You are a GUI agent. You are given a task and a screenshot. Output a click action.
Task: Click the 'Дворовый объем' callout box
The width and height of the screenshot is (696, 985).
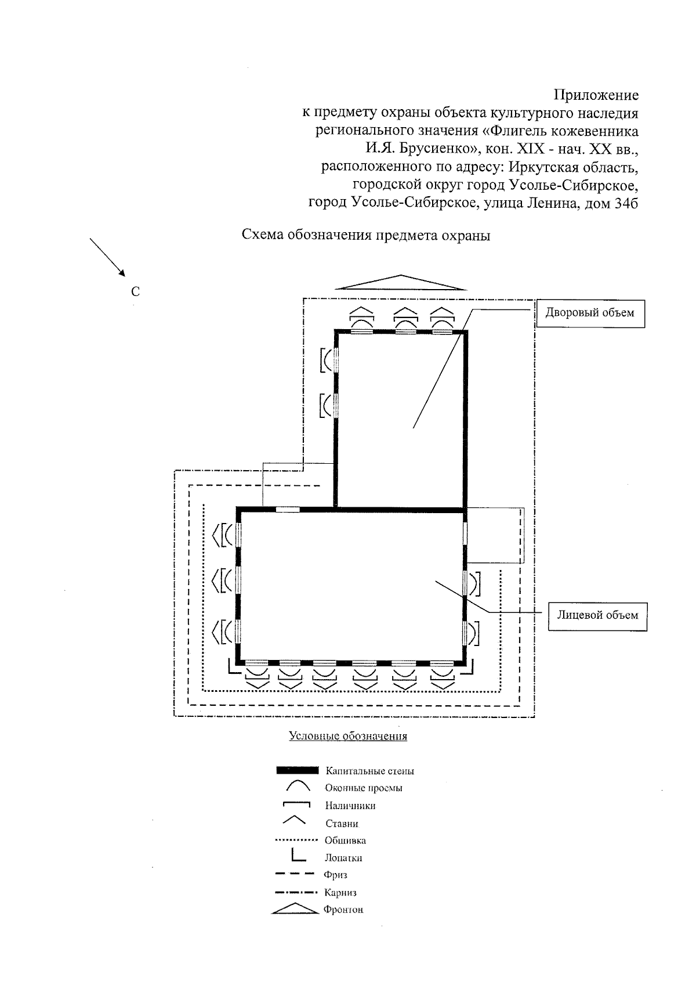tap(590, 313)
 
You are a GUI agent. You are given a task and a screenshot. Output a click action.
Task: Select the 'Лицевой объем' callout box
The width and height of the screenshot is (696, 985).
tap(597, 615)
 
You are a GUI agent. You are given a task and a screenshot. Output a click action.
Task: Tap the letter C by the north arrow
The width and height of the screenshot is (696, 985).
tap(135, 292)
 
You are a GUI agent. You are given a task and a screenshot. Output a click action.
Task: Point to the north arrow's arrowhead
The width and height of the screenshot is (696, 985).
tap(121, 271)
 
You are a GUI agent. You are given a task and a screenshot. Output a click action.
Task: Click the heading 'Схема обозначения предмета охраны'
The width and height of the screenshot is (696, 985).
tap(366, 236)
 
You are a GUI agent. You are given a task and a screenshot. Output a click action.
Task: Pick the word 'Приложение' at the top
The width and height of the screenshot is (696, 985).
tap(596, 95)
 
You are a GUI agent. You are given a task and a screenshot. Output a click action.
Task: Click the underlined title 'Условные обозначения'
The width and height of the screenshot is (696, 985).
tap(348, 737)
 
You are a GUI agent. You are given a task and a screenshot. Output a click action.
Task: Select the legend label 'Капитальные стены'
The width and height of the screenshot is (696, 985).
tap(369, 771)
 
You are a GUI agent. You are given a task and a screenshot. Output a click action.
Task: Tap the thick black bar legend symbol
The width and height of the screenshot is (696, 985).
tap(298, 771)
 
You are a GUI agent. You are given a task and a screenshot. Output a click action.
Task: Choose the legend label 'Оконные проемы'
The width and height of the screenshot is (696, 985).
tap(364, 788)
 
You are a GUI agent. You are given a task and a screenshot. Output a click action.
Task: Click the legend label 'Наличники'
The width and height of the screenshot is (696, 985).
tap(350, 806)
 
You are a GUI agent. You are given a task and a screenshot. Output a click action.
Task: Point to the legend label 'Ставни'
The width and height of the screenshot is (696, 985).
tap(342, 824)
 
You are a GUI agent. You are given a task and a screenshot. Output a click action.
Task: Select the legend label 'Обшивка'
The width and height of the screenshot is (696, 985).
tap(345, 840)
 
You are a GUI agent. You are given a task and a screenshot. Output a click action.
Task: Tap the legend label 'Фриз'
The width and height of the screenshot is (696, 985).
tap(336, 875)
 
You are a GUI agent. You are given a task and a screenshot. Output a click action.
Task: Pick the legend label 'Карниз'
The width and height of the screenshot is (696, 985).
tap(340, 893)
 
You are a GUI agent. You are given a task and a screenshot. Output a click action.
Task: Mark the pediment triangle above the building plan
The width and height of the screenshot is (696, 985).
tap(401, 282)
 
